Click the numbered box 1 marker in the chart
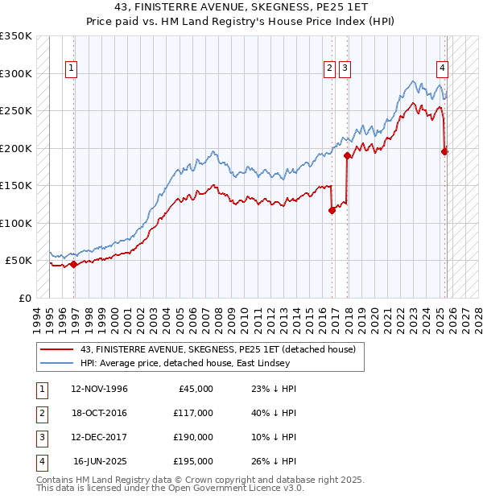click(x=72, y=69)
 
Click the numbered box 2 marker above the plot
click(x=330, y=69)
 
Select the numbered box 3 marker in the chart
click(x=345, y=69)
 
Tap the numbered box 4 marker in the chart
click(x=443, y=69)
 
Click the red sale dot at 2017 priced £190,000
click(x=347, y=155)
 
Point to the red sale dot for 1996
click(x=73, y=264)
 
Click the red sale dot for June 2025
click(x=445, y=151)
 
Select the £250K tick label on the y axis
click(x=16, y=111)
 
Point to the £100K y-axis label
click(x=16, y=223)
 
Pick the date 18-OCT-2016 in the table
click(x=99, y=413)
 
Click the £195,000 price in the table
click(x=192, y=461)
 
